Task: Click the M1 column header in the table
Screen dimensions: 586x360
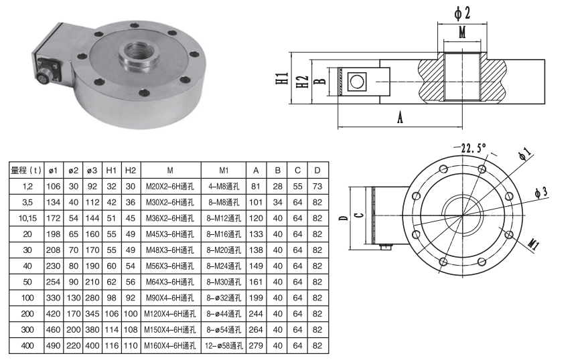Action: [x=224, y=170]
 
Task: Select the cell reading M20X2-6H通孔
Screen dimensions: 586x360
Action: [x=170, y=186]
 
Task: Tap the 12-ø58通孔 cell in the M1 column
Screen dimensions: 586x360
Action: [x=224, y=346]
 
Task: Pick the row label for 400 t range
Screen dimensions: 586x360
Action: [x=27, y=346]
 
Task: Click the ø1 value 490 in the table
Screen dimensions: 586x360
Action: [x=54, y=346]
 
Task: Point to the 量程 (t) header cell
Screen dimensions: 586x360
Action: [x=26, y=170]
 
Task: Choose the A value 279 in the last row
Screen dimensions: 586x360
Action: [x=256, y=346]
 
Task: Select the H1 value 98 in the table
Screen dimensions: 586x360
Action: [x=111, y=298]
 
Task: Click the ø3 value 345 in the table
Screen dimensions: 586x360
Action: [x=92, y=314]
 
